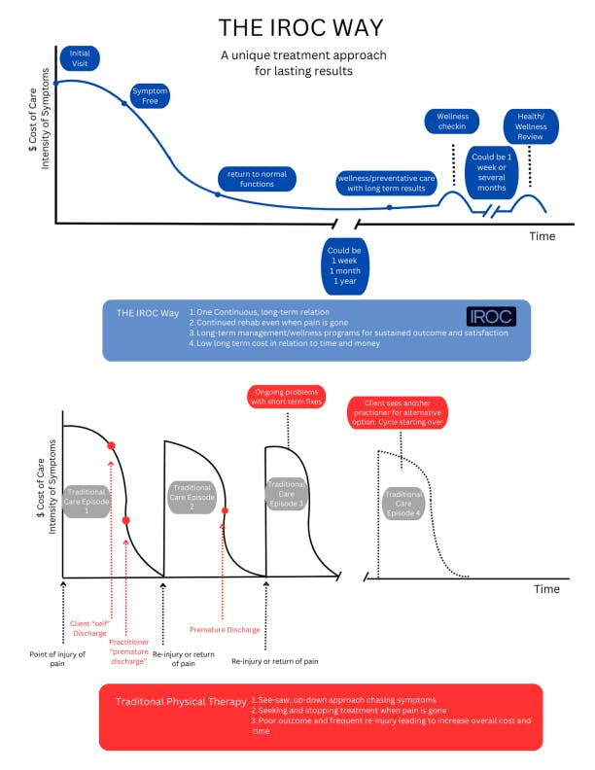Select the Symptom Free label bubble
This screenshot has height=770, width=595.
coord(151,95)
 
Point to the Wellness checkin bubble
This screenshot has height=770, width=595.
coord(452,122)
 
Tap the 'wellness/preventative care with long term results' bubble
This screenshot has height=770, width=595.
coord(386,184)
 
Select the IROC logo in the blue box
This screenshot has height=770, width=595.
coord(492,317)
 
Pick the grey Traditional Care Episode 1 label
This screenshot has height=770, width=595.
coord(88,500)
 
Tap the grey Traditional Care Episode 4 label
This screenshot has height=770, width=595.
coord(403,503)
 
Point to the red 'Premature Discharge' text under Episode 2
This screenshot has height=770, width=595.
coord(225,630)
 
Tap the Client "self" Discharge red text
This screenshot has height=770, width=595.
coord(92,628)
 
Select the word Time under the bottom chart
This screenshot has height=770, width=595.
coord(545,589)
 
